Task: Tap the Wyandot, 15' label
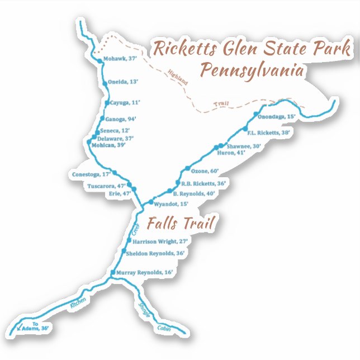tap(171, 204)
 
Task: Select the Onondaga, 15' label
tap(277, 117)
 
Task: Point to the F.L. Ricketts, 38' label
tap(269, 133)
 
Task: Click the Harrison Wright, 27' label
tap(160, 242)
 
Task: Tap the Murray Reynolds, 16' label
tap(145, 272)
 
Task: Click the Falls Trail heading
tap(181, 224)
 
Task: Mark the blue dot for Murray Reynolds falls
tap(113, 272)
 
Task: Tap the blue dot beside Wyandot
tap(151, 201)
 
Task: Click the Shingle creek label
tap(144, 311)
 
